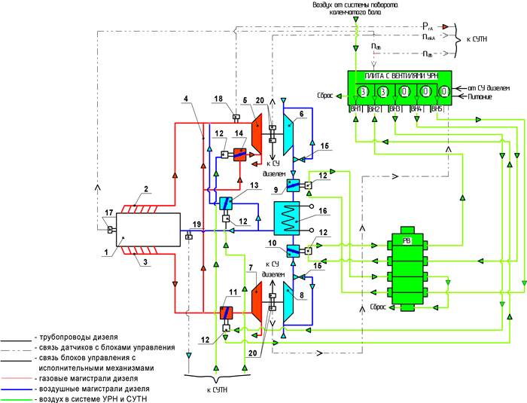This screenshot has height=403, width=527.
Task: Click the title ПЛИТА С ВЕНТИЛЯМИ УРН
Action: point(401,77)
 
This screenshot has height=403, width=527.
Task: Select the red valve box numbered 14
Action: point(241,155)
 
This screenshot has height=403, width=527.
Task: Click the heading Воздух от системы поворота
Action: point(356,5)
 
